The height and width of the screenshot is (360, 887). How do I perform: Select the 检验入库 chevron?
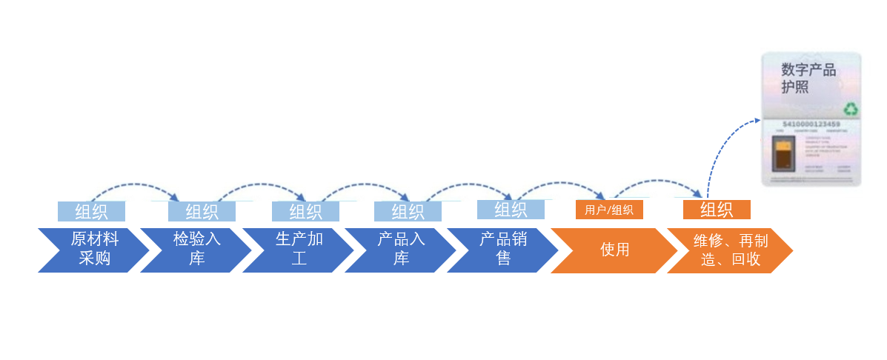coord(196,250)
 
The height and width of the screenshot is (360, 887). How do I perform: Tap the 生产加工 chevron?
coord(299,250)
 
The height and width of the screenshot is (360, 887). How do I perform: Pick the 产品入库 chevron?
coord(401,250)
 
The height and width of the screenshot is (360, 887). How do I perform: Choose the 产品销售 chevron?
coord(503,250)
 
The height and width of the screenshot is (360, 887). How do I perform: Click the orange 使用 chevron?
coord(614,250)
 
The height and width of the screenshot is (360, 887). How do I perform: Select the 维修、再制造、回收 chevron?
coord(730,250)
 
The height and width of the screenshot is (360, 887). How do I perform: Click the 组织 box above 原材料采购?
coord(91,211)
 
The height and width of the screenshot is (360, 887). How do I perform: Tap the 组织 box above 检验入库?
coord(202,211)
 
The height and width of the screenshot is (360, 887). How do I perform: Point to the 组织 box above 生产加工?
coord(305,211)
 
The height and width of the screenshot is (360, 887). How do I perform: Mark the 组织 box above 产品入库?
coord(408,211)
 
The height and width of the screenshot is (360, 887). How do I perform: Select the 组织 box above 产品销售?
coord(511,210)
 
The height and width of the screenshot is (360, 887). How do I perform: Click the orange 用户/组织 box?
coord(609,210)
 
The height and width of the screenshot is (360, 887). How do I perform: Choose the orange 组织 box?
coord(717,210)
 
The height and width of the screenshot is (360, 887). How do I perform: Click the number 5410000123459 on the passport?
coord(811,124)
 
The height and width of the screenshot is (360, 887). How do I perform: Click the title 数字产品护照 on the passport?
coord(808,78)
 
